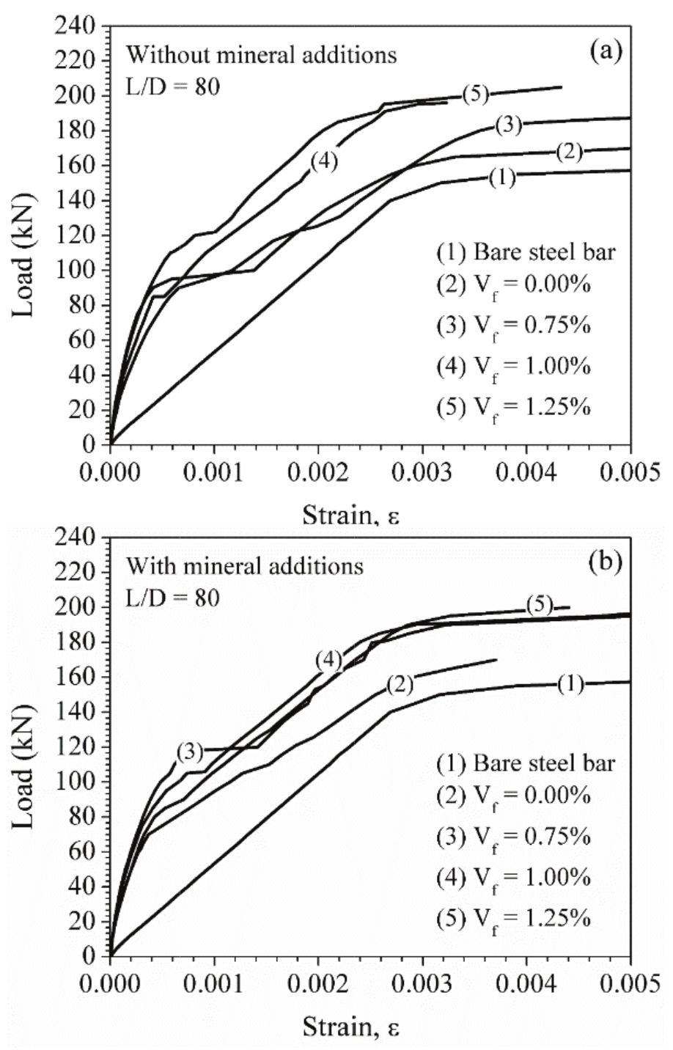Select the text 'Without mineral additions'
[261, 55]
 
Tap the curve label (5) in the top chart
[475, 94]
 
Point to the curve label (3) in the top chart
[507, 125]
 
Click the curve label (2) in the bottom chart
[400, 684]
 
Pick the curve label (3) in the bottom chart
[189, 752]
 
